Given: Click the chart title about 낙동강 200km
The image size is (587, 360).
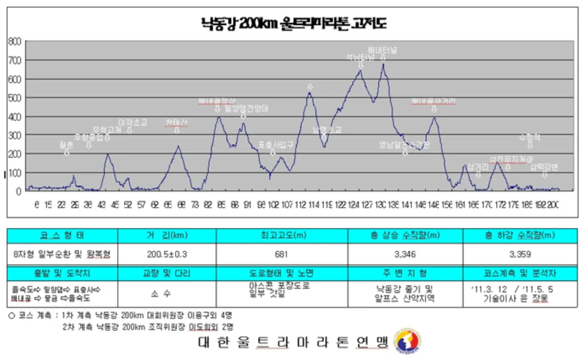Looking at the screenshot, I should (293, 23).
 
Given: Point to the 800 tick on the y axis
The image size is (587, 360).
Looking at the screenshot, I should (14, 42).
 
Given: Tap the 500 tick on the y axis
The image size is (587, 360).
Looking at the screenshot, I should (14, 98).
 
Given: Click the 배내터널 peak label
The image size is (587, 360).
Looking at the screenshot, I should (382, 50).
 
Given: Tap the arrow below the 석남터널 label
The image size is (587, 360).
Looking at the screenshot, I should (361, 65).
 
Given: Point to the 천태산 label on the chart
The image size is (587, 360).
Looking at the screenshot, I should (177, 122).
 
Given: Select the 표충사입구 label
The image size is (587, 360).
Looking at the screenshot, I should (275, 145).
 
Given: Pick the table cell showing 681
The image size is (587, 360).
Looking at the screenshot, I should (282, 254).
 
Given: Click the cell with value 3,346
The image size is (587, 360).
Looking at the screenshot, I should (405, 254).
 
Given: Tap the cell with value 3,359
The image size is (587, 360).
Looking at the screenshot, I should (520, 254).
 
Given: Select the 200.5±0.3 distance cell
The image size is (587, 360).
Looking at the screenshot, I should (166, 254).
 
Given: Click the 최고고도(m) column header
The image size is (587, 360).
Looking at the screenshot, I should (282, 235).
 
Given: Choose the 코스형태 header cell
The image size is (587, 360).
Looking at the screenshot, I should (62, 235).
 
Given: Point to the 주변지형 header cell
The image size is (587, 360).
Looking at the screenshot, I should (405, 274).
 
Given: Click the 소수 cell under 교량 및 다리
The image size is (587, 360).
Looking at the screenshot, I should (166, 294).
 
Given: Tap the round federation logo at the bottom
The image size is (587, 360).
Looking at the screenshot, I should (408, 341).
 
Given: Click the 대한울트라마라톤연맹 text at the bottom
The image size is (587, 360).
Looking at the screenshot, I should (293, 342).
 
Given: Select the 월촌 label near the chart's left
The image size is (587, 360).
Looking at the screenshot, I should (66, 145).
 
